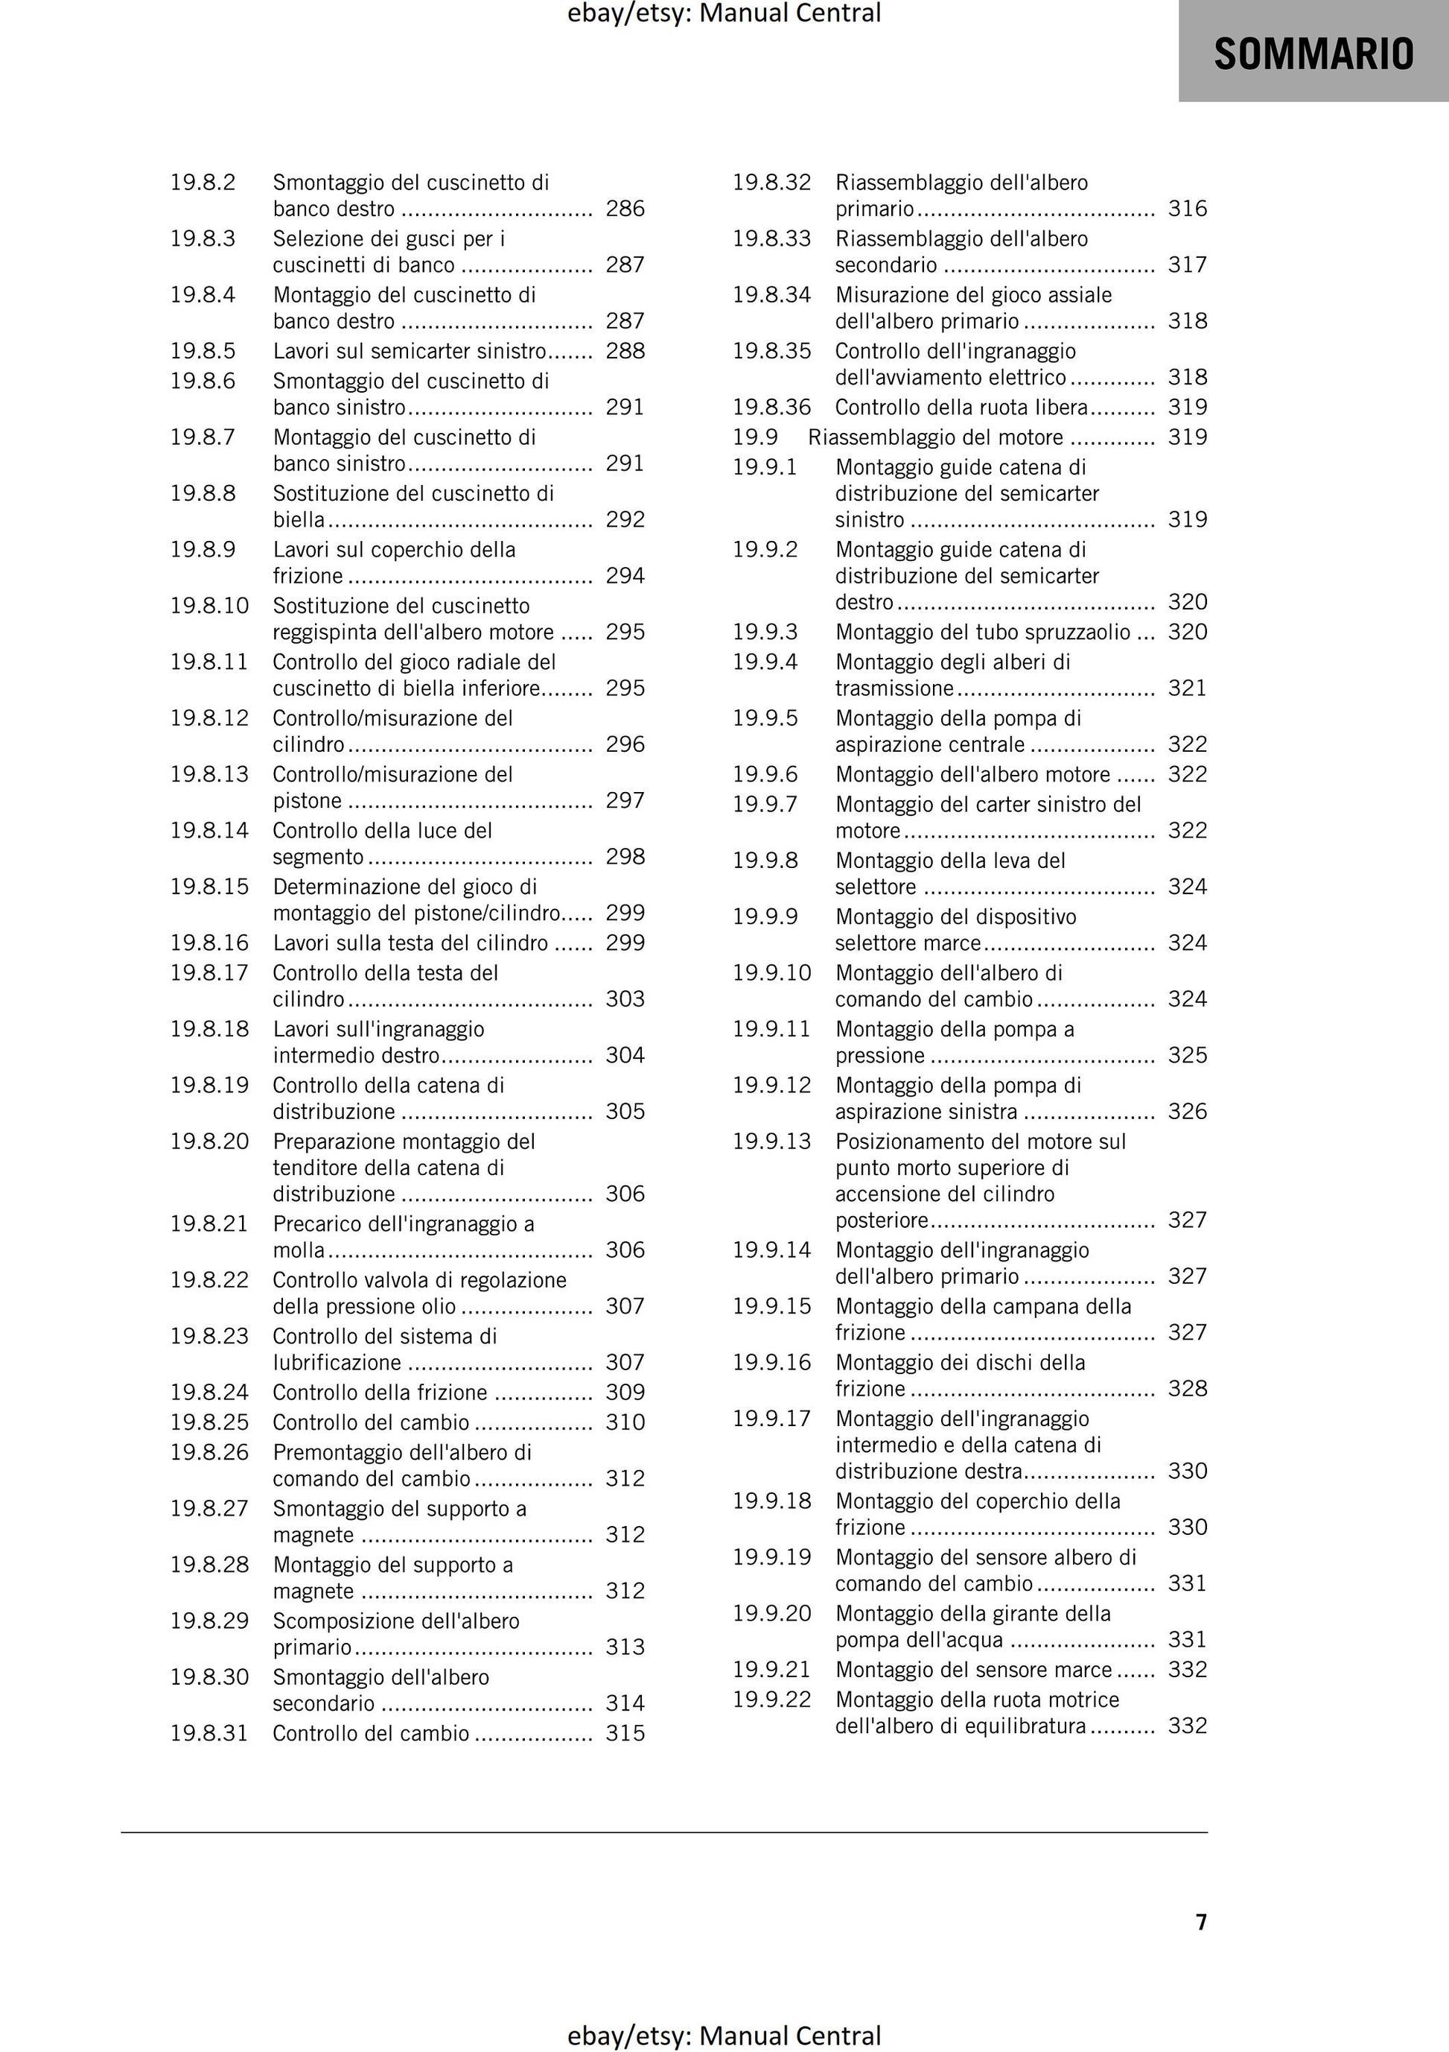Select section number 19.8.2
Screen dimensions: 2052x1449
click(203, 183)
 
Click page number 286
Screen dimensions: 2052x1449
click(625, 209)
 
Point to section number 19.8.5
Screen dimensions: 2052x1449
click(203, 351)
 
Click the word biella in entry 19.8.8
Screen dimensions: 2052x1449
click(299, 520)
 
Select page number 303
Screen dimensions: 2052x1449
click(625, 999)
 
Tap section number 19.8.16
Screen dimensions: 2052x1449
click(209, 943)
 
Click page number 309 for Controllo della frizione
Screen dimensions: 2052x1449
click(625, 1393)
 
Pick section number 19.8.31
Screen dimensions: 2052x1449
click(209, 1734)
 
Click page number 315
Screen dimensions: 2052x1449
click(625, 1734)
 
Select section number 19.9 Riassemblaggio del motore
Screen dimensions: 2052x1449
click(755, 438)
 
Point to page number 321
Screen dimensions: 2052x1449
click(1187, 688)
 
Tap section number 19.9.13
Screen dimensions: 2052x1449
click(772, 1142)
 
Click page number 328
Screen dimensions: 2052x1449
click(1187, 1389)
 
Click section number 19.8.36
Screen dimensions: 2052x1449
click(772, 408)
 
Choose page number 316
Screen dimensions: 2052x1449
click(1187, 209)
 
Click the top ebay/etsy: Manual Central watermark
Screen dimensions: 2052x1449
click(724, 13)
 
